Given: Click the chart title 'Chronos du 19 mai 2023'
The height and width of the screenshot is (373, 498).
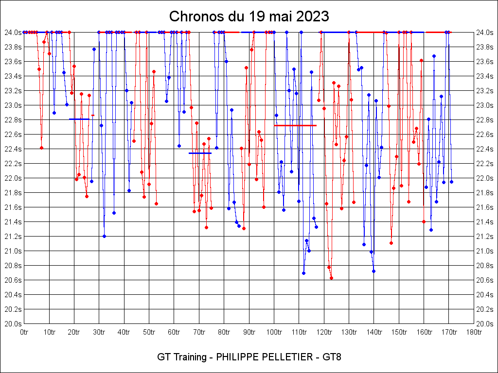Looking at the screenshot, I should (249, 17).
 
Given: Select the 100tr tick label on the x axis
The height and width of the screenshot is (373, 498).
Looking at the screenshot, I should (274, 332).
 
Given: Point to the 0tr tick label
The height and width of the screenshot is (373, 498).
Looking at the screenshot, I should (24, 332).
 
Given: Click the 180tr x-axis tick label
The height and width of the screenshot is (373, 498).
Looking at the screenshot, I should (474, 332).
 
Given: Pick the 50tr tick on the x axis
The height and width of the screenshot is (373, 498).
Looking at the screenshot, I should (149, 332).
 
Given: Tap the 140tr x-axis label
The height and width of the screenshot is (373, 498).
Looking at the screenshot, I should (374, 332).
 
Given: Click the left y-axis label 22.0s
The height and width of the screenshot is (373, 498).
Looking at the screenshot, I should (13, 178).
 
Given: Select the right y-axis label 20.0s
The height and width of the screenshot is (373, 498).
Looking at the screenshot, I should (485, 324).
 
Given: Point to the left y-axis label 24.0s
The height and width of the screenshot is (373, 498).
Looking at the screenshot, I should (13, 33).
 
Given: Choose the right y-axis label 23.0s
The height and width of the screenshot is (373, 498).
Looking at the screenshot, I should (485, 105).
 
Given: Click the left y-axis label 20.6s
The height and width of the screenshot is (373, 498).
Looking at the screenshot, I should (13, 280).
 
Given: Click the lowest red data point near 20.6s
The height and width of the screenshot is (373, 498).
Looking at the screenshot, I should (331, 278).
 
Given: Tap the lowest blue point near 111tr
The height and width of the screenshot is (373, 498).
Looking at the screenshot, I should (303, 273).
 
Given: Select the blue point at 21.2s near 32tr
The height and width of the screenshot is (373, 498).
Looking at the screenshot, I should (104, 236).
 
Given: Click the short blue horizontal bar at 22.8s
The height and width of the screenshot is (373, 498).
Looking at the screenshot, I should (79, 119).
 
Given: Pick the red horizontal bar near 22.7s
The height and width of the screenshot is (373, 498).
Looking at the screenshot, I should (295, 125).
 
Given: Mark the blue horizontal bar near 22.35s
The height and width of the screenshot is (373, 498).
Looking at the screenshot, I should (200, 153).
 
